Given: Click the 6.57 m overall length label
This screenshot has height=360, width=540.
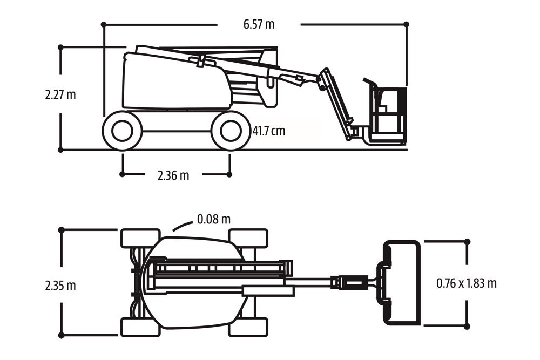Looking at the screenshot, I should pyautogui.click(x=259, y=24).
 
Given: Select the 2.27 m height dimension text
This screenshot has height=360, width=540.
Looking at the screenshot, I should pyautogui.click(x=60, y=94).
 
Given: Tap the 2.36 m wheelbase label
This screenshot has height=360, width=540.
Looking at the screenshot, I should pyautogui.click(x=173, y=175).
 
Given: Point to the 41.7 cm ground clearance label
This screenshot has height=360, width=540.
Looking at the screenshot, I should pyautogui.click(x=269, y=131).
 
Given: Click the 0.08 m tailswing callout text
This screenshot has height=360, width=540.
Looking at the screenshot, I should pyautogui.click(x=214, y=219).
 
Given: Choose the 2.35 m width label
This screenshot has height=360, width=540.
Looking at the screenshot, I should pyautogui.click(x=60, y=286).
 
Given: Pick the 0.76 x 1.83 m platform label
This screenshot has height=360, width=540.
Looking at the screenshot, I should pyautogui.click(x=466, y=283).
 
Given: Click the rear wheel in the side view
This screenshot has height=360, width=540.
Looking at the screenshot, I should pyautogui.click(x=123, y=131).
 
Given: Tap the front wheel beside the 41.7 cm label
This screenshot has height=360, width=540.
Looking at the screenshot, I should pyautogui.click(x=231, y=131).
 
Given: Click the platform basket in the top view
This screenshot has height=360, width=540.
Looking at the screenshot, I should pyautogui.click(x=401, y=283).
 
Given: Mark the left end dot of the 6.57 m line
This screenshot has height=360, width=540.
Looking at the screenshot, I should pyautogui.click(x=104, y=24).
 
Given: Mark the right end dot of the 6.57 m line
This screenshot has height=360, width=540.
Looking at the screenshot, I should pyautogui.click(x=407, y=24).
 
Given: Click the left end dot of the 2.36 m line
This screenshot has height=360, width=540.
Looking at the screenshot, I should pyautogui.click(x=123, y=174).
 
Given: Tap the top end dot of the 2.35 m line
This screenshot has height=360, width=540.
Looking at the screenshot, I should pyautogui.click(x=61, y=230).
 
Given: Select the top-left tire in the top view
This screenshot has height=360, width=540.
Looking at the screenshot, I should pyautogui.click(x=140, y=238).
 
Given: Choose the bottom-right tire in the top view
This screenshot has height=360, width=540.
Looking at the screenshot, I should pyautogui.click(x=248, y=327).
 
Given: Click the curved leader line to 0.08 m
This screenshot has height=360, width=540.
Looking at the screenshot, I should pyautogui.click(x=180, y=227).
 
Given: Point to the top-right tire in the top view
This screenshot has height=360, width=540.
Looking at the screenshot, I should pyautogui.click(x=248, y=238).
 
